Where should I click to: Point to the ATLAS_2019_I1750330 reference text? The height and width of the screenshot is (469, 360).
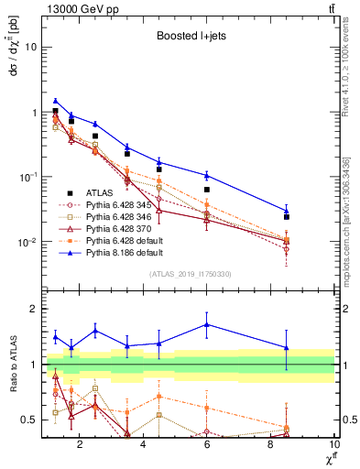pos(190,274)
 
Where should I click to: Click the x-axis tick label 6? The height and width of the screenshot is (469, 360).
pos(207,445)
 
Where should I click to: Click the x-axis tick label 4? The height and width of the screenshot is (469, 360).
pos(144,445)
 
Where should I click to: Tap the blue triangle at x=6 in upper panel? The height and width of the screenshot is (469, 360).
pos(207,175)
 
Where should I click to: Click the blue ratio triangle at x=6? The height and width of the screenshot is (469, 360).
pos(207,324)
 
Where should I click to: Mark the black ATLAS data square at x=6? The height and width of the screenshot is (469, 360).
pos(207,190)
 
